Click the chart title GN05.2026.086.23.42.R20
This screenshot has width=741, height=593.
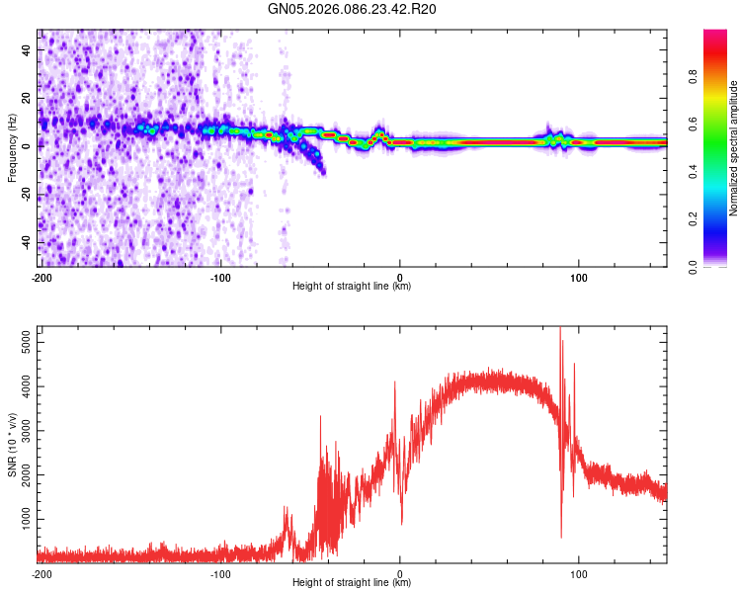tap(352, 10)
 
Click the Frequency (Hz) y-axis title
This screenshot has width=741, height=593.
tap(12, 148)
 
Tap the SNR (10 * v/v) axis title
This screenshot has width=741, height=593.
tap(12, 445)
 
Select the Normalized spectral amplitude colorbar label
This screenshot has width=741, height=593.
tap(734, 148)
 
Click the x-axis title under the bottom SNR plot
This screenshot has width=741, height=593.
tap(352, 582)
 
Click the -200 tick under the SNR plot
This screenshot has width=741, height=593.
tap(41, 572)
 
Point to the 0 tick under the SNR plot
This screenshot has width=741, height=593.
tap(399, 572)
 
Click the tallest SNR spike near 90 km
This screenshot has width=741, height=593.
tap(560, 328)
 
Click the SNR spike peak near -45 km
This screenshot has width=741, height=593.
tap(320, 417)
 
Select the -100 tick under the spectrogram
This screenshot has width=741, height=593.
tap(219, 276)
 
